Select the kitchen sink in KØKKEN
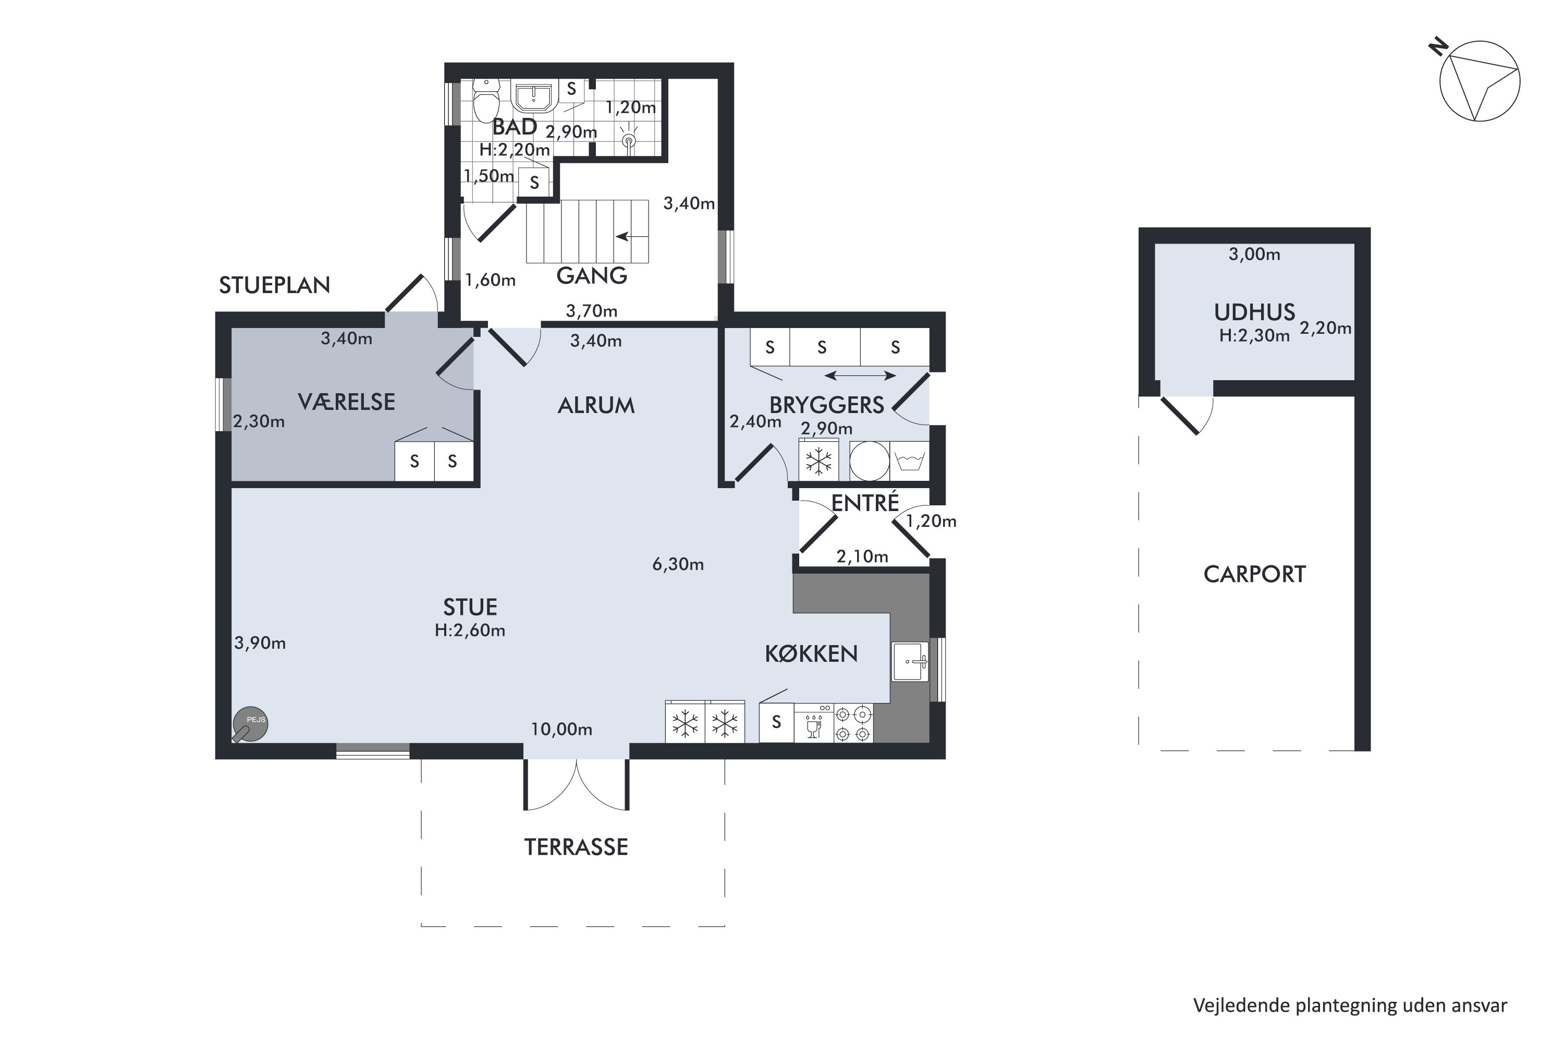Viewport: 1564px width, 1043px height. pyautogui.click(x=910, y=661)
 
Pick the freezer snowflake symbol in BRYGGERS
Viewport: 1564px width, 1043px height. pyautogui.click(x=818, y=460)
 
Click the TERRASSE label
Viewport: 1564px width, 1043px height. pyautogui.click(x=576, y=847)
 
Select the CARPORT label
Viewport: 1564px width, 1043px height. pyautogui.click(x=1254, y=575)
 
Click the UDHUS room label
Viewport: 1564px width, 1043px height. pyautogui.click(x=1254, y=312)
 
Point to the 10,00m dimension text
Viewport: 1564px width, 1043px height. pyautogui.click(x=561, y=730)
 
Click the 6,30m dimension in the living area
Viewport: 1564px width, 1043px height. pyautogui.click(x=678, y=565)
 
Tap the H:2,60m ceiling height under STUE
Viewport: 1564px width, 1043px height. pyautogui.click(x=470, y=630)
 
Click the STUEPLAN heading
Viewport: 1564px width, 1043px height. pyautogui.click(x=275, y=285)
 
